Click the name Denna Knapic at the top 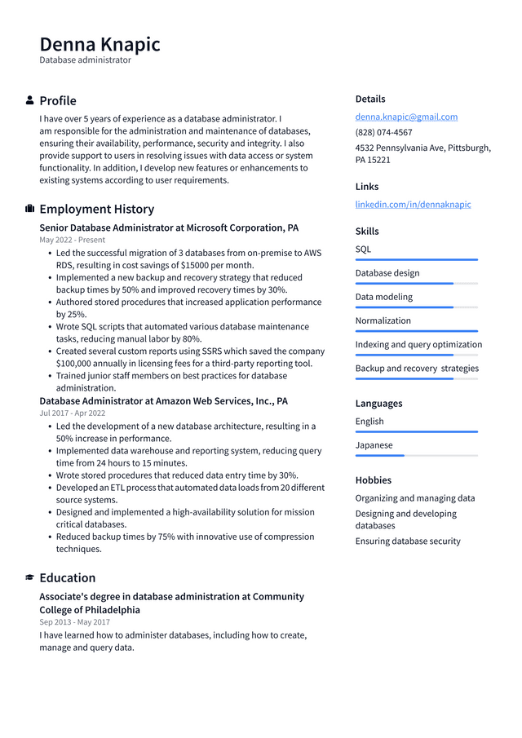[100, 43]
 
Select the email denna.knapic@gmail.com [406, 117]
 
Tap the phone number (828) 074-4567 [383, 132]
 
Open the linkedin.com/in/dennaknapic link [413, 204]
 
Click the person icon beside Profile [30, 100]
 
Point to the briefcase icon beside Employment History [30, 209]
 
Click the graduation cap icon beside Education [30, 577]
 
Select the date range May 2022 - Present [72, 240]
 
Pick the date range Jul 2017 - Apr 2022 [72, 413]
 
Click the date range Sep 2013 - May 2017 [73, 622]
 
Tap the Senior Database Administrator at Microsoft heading [169, 228]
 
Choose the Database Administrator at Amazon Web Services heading [163, 401]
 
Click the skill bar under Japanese [416, 455]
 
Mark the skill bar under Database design [416, 283]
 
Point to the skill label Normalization [383, 320]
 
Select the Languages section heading [378, 403]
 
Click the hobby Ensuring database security [408, 541]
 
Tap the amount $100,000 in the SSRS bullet [75, 364]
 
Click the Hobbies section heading [373, 480]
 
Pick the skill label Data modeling [383, 297]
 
